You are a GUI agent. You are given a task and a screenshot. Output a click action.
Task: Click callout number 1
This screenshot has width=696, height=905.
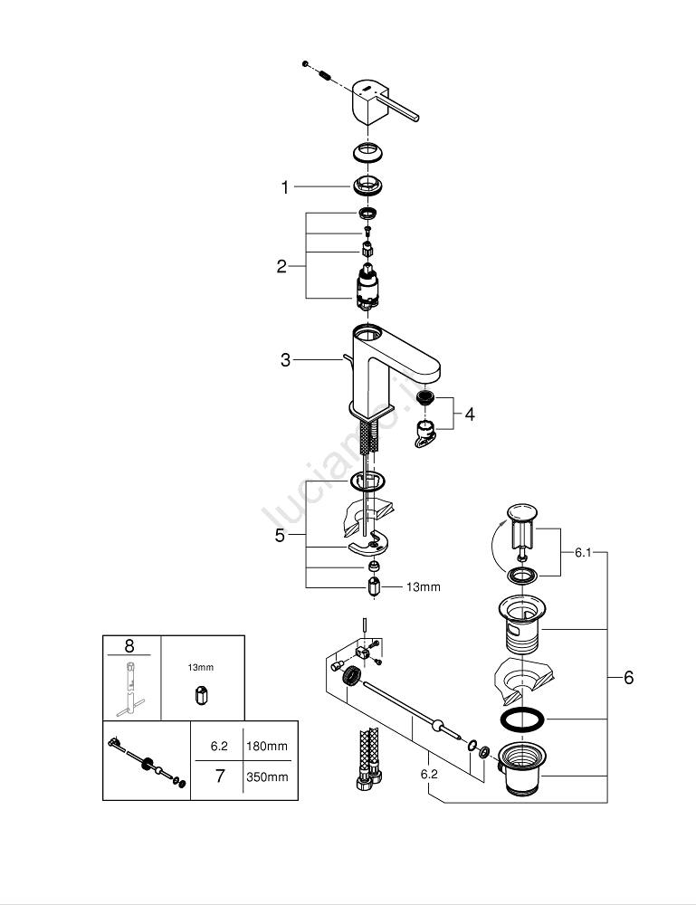(x=284, y=187)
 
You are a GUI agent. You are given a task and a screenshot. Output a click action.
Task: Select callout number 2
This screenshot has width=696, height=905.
(x=281, y=266)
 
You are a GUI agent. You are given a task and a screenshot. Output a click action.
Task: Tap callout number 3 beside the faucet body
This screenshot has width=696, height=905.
(x=286, y=360)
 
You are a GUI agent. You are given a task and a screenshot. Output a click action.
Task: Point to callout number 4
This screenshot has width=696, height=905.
(x=469, y=414)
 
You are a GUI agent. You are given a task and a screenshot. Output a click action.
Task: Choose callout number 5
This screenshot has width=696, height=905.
(x=281, y=536)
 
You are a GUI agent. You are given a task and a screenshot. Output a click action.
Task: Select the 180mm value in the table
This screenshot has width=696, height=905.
(x=267, y=747)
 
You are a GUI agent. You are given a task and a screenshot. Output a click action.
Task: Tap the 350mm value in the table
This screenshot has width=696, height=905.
(x=267, y=776)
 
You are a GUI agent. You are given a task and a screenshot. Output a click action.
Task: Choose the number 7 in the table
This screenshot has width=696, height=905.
(x=218, y=776)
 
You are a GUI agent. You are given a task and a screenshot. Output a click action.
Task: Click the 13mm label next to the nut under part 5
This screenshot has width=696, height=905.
(x=423, y=587)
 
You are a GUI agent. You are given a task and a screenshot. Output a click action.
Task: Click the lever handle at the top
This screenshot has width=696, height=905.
(x=379, y=102)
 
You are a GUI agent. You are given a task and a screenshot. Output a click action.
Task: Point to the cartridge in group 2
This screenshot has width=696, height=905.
(x=367, y=286)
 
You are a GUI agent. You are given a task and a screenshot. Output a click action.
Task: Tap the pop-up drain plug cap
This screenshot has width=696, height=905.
(x=521, y=513)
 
